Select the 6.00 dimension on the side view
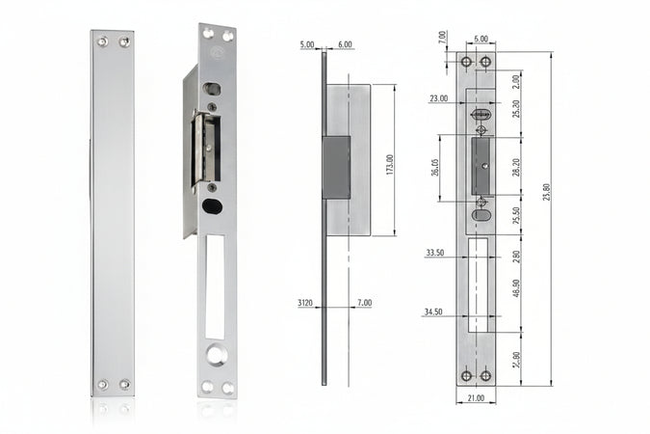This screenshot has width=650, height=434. click(x=346, y=44)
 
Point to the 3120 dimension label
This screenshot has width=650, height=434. click(x=306, y=303)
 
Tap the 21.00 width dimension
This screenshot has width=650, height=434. click(x=476, y=398)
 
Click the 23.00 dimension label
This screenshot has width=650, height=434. click(x=439, y=98)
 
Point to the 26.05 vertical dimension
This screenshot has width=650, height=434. click(x=435, y=168)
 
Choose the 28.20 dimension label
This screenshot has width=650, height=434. click(x=516, y=167)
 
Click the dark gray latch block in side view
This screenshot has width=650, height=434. click(x=336, y=167)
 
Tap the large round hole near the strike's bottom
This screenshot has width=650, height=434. click(x=216, y=355)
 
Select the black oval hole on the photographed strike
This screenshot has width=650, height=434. click(x=214, y=205)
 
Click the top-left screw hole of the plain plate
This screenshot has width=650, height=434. click(x=102, y=41)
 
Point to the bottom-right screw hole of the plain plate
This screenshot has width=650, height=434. click(x=124, y=385)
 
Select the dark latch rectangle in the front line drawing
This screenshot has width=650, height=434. click(x=480, y=167)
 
